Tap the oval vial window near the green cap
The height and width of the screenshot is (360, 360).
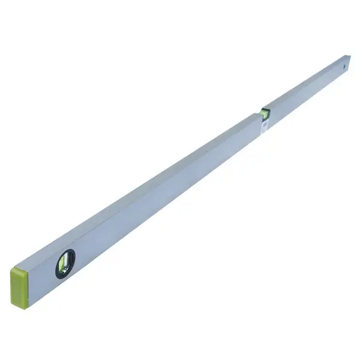(x=65, y=263)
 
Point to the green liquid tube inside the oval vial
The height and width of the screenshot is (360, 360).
(x=65, y=265)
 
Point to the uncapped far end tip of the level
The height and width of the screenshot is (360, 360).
(x=349, y=60)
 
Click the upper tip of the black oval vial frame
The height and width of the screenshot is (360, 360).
(x=69, y=250)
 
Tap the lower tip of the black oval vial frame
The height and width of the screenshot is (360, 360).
(x=60, y=278)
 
